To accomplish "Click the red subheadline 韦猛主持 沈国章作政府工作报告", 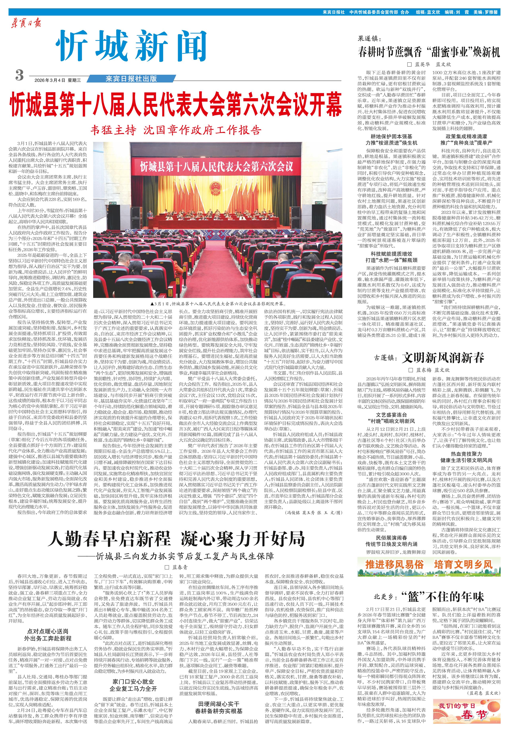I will click(x=176, y=130).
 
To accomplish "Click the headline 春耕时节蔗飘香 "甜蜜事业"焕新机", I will click(x=429, y=52).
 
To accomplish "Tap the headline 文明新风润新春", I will click(x=443, y=358).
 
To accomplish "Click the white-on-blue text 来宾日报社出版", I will click(x=131, y=79).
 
